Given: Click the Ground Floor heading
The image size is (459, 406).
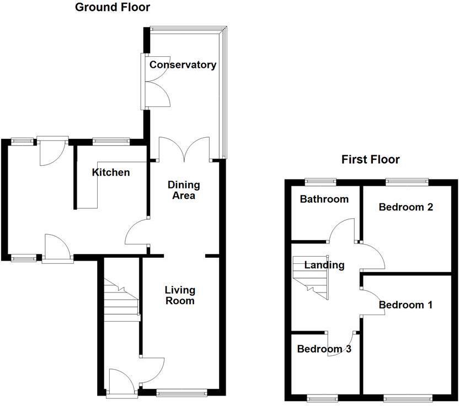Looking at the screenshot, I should click(x=112, y=7).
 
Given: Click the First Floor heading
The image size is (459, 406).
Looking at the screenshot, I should click(x=370, y=160).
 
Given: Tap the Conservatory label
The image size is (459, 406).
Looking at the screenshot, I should click(x=183, y=65).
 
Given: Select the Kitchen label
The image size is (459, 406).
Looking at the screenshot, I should click(x=111, y=172).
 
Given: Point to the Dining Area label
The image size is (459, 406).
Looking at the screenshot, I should click(x=184, y=190).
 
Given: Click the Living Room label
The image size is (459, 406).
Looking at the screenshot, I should click(x=179, y=295).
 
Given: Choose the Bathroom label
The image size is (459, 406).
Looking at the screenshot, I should click(x=324, y=199).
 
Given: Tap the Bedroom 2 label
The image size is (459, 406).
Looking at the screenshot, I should click(x=405, y=207).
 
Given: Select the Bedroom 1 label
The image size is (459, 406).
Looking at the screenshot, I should click(x=405, y=305).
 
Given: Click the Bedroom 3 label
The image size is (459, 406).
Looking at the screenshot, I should click(x=324, y=349).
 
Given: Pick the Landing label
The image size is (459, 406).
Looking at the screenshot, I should click(x=325, y=265).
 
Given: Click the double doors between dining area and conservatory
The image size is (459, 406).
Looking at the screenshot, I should click(x=184, y=150).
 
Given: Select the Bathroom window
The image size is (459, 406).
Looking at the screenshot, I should click(x=322, y=181).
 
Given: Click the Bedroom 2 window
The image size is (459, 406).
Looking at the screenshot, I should click(x=407, y=181).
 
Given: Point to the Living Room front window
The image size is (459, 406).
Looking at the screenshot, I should click(x=182, y=393).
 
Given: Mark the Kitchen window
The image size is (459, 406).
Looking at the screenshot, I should click(x=110, y=140).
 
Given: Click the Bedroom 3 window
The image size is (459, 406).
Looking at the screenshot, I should click(x=322, y=397).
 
